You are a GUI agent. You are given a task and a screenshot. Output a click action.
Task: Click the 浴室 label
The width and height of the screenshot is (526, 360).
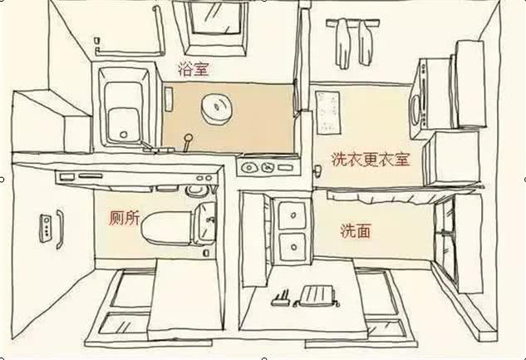pyautogui.click(x=194, y=70)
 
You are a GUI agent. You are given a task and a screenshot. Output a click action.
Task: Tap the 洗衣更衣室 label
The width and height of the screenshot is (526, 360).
pyautogui.click(x=371, y=160)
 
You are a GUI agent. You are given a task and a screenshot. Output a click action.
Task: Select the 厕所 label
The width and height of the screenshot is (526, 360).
pyautogui.click(x=124, y=219)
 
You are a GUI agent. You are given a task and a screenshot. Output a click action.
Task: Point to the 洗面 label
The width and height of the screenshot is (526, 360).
pyautogui.click(x=356, y=231)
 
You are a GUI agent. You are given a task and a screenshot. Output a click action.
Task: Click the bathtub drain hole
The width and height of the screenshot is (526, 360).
pyautogui.click(x=124, y=135)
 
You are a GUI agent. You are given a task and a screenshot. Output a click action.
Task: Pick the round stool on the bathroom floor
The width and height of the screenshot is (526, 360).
pyautogui.click(x=217, y=109)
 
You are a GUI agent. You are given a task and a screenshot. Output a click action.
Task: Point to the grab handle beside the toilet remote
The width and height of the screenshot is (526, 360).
pyautogui.click(x=60, y=229)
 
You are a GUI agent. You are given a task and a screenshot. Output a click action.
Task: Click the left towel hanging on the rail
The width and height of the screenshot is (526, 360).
pyautogui.click(x=343, y=43)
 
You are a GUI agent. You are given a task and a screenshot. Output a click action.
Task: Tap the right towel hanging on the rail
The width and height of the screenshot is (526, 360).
pyautogui.click(x=366, y=42)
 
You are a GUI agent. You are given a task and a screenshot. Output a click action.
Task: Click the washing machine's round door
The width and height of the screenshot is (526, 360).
pyautogui.click(x=415, y=110)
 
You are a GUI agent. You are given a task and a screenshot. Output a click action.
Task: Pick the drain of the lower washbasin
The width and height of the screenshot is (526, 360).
pyautogui.click(x=294, y=247)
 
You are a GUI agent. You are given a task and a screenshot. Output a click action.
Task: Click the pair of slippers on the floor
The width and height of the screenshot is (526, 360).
pyautogui.click(x=305, y=296)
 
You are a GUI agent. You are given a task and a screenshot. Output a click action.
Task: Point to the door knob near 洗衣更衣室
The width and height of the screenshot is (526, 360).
pyautogui.click(x=317, y=170)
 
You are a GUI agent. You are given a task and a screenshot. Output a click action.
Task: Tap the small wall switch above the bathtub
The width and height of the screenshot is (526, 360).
pyautogui.click(x=97, y=41)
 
